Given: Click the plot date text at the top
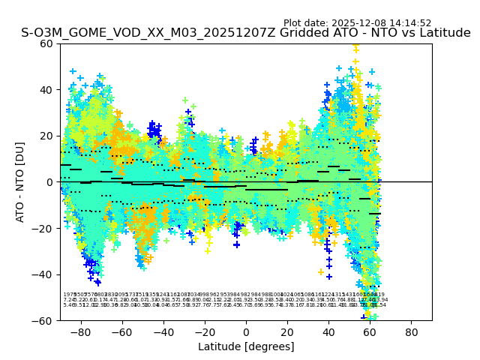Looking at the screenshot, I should coord(357,23).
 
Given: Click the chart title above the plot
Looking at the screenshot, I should coord(245,34).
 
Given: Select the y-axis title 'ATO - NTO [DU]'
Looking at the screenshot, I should coord(20,182).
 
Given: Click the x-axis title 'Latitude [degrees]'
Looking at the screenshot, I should coord(246,346).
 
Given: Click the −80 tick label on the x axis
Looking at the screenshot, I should coord(80,331).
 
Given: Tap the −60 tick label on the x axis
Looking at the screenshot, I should coord(121,331).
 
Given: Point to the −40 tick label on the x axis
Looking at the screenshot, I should coord(163,331).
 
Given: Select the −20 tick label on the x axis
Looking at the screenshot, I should coord(204,331).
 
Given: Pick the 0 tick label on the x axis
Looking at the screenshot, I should coord(246,331).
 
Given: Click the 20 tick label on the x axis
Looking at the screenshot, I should coord(287,331).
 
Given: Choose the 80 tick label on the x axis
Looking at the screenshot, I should coord(411,331).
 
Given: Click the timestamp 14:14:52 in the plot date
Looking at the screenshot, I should coord(411,23).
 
